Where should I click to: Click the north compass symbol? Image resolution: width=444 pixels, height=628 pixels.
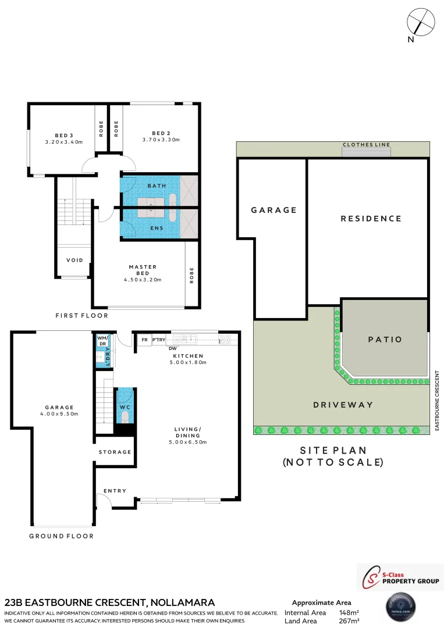click(421, 23)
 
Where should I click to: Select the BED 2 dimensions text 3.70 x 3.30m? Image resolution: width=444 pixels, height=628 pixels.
click(161, 140)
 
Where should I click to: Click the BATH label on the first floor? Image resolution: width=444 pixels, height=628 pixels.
click(157, 185)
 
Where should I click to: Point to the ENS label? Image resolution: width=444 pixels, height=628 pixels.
click(157, 228)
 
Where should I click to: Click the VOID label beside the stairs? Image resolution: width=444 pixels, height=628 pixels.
click(74, 260)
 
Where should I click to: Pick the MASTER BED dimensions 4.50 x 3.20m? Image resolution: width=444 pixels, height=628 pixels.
click(143, 280)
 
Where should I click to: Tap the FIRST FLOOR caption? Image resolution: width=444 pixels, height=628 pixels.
click(81, 316)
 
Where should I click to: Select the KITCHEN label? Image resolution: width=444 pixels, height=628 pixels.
click(187, 355)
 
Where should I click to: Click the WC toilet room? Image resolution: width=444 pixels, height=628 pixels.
click(126, 407)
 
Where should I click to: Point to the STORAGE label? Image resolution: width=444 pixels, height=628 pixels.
click(115, 452)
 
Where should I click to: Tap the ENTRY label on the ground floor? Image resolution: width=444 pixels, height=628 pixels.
click(115, 491)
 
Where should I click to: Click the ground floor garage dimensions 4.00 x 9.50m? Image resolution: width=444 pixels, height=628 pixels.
click(60, 414)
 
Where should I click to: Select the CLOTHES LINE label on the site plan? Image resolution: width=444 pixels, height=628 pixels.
click(367, 145)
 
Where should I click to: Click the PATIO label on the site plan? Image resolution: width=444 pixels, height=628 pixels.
click(385, 340)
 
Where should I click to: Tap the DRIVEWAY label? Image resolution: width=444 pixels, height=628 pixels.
click(343, 405)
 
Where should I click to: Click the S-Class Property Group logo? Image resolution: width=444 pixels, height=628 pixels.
click(400, 577)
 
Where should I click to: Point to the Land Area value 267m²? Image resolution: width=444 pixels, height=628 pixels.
click(349, 621)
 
